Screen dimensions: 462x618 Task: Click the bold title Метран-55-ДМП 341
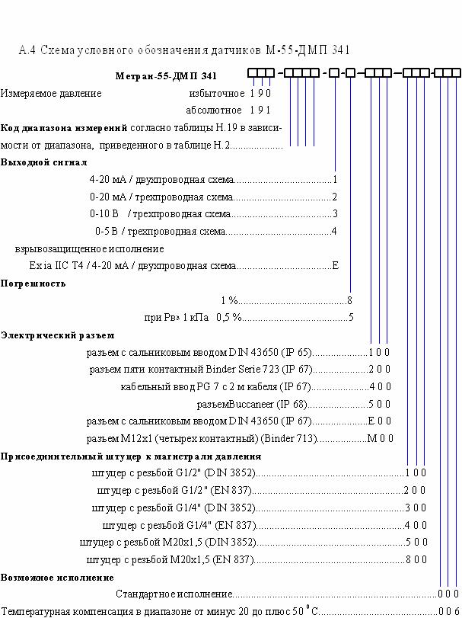(166, 75)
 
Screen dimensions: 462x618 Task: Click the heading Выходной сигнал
(43, 162)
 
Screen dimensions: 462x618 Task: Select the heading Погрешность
(33, 283)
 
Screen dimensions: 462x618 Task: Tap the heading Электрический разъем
(57, 335)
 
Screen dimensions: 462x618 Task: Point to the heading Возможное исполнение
(57, 578)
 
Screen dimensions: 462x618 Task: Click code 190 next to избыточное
(260, 94)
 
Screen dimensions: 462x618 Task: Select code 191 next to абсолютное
(260, 110)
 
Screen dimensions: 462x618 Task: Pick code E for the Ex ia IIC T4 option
(336, 265)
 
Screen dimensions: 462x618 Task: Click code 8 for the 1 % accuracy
(349, 301)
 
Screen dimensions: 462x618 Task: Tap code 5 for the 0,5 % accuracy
(351, 317)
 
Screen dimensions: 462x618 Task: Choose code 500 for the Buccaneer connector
(379, 404)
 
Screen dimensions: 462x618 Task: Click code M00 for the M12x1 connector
(380, 438)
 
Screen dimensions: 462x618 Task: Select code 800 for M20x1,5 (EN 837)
(416, 559)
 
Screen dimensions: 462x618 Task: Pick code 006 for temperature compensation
(448, 611)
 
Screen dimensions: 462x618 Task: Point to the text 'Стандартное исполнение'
(174, 594)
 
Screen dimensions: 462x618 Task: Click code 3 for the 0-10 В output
(336, 214)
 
